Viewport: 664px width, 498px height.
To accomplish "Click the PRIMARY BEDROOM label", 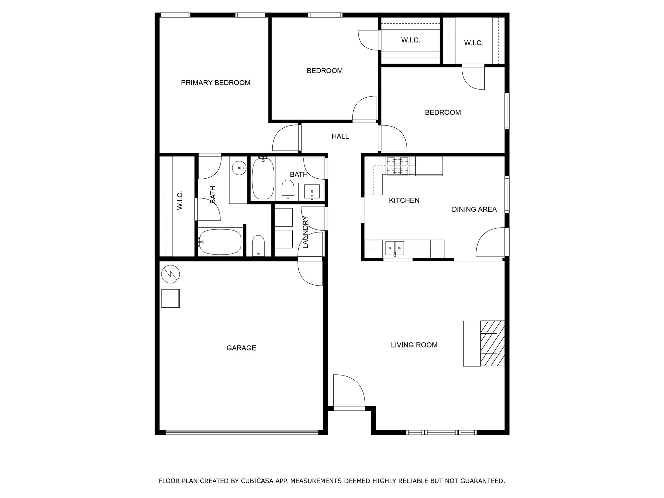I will (216, 83).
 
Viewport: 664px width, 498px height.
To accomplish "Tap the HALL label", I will (340, 136).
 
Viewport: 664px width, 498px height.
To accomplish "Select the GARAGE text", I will (241, 348).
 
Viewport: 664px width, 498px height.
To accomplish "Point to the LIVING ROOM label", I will (414, 345).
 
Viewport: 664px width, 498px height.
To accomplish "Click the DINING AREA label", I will (474, 209).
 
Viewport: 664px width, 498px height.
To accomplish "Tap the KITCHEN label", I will (404, 200).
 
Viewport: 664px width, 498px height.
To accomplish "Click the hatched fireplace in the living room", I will (492, 343).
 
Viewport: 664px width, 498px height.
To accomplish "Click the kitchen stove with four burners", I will (397, 166).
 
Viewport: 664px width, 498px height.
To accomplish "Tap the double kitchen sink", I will (395, 248).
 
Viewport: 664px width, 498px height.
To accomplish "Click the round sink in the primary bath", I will (239, 168).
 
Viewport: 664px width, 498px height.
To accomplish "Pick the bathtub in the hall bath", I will (263, 179).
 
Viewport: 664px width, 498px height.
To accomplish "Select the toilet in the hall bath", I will (288, 191).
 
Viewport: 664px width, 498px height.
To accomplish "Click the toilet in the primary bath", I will (258, 245).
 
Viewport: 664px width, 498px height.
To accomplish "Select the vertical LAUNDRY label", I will (305, 232).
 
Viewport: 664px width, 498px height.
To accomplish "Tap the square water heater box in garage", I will (170, 298).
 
